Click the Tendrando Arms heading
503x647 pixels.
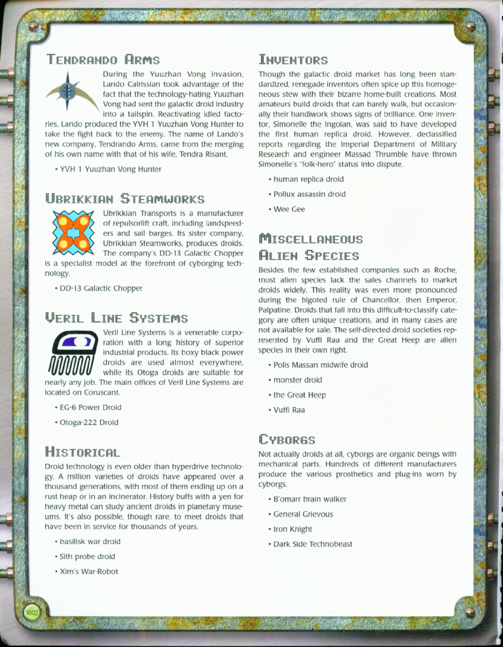[103, 61]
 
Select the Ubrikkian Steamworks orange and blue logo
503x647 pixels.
[73, 233]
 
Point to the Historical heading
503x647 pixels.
[83, 451]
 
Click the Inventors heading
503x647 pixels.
[293, 61]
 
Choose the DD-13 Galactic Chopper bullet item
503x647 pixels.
[100, 288]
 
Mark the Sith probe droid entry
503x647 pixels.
[87, 557]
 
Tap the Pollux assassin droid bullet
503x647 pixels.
[309, 194]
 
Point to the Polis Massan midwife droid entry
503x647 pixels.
[320, 365]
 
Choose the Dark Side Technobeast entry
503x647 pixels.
[313, 544]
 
